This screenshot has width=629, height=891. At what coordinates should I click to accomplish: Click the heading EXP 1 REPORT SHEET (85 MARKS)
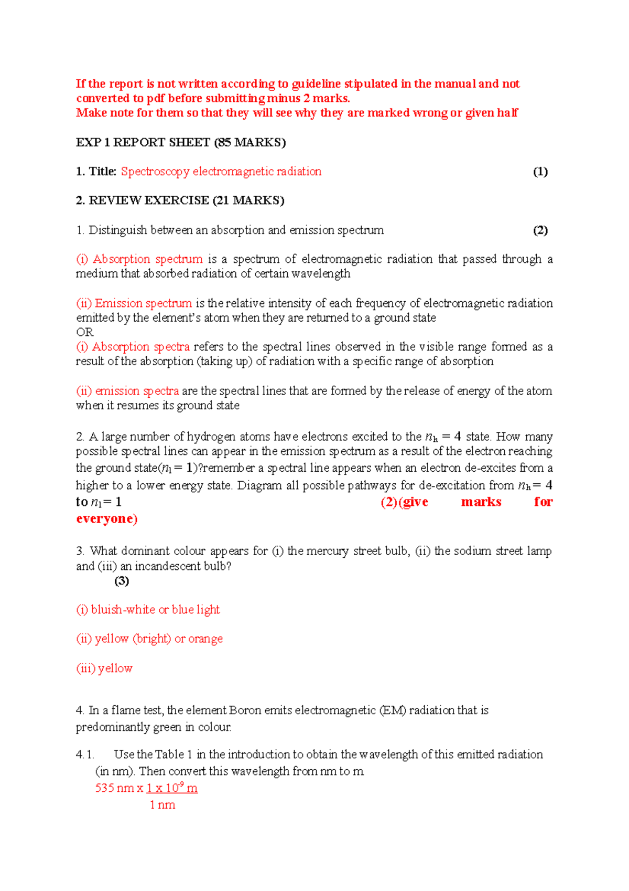coord(181,142)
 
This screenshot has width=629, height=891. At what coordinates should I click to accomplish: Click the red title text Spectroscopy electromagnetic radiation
coord(221,172)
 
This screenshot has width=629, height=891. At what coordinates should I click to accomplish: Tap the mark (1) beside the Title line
coord(540,172)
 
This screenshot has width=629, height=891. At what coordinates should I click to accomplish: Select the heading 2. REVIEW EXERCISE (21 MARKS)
coord(180,200)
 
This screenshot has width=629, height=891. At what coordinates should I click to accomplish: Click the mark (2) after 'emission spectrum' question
coord(540,230)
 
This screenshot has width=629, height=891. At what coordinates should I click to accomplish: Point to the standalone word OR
coord(84,332)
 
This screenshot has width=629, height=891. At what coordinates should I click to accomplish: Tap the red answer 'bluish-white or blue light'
coord(155,610)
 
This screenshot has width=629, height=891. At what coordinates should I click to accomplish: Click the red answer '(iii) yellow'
coord(104,668)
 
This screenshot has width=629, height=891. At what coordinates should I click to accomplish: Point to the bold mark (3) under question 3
coord(122,580)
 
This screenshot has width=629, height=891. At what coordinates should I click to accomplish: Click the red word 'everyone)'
coord(106,519)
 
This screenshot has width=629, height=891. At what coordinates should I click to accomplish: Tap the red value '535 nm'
coord(114,788)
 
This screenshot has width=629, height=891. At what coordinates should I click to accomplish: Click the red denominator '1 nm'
coord(162,805)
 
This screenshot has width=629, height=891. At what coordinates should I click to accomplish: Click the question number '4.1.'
coord(85,755)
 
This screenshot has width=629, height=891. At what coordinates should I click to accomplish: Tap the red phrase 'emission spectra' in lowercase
coord(137,391)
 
